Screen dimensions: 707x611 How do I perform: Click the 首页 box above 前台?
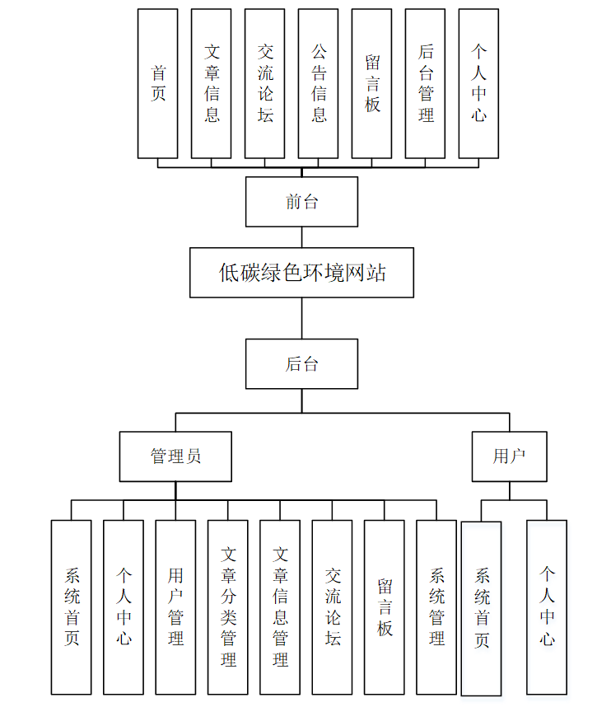point(157,83)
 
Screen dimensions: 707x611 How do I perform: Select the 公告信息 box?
point(318,83)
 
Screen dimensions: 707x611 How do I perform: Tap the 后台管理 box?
point(425,83)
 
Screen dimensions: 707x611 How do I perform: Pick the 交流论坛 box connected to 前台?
point(264,83)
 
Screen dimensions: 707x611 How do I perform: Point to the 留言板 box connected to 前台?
point(371,83)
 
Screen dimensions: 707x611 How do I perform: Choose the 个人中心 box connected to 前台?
point(478,83)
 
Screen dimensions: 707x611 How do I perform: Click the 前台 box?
point(301,202)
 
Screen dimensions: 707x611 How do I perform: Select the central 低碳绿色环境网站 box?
point(301,272)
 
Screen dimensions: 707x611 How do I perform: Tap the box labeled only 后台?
point(301,363)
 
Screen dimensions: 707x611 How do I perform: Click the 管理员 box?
point(175,456)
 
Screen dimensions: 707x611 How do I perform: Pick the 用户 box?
point(509,456)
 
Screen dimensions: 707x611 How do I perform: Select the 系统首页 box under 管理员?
point(71,606)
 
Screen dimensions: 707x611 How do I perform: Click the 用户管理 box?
point(175,606)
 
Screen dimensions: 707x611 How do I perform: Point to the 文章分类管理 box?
point(228,606)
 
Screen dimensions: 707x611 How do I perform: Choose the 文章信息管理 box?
point(280,606)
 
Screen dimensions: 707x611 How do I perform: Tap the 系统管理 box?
point(436,606)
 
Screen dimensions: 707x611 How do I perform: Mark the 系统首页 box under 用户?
point(482,608)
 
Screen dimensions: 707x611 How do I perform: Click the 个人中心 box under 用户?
point(547,606)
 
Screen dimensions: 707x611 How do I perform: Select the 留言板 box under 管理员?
point(385,606)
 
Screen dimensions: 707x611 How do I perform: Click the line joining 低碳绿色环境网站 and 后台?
point(301,318)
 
